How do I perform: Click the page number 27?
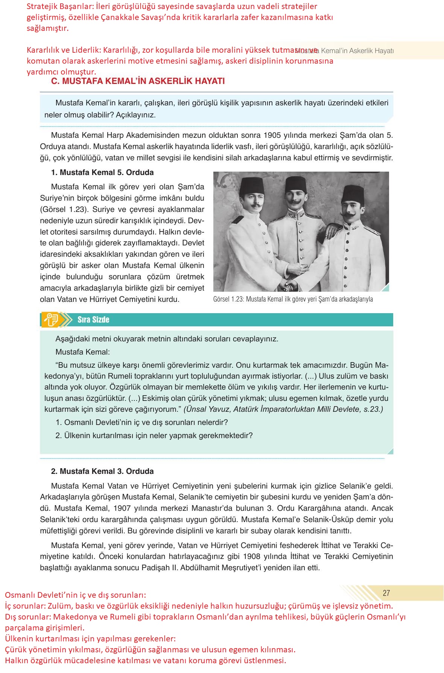pyautogui.click(x=386, y=593)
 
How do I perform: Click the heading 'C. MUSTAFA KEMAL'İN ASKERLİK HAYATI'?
pyautogui.click(x=138, y=81)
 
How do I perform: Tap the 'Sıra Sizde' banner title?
pyautogui.click(x=93, y=320)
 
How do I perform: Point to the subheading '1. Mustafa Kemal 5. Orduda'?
pyautogui.click(x=102, y=172)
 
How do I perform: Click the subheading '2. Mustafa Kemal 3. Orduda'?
pyautogui.click(x=102, y=471)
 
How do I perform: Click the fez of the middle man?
pyautogui.click(x=295, y=184)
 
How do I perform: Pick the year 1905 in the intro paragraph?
pyautogui.click(x=273, y=135)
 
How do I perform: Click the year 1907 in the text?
pyautogui.click(x=122, y=508)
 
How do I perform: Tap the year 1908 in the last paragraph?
pyautogui.click(x=252, y=556)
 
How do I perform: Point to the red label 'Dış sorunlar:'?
pyautogui.click(x=28, y=617)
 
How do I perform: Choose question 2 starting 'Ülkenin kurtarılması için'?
pyautogui.click(x=154, y=435)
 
